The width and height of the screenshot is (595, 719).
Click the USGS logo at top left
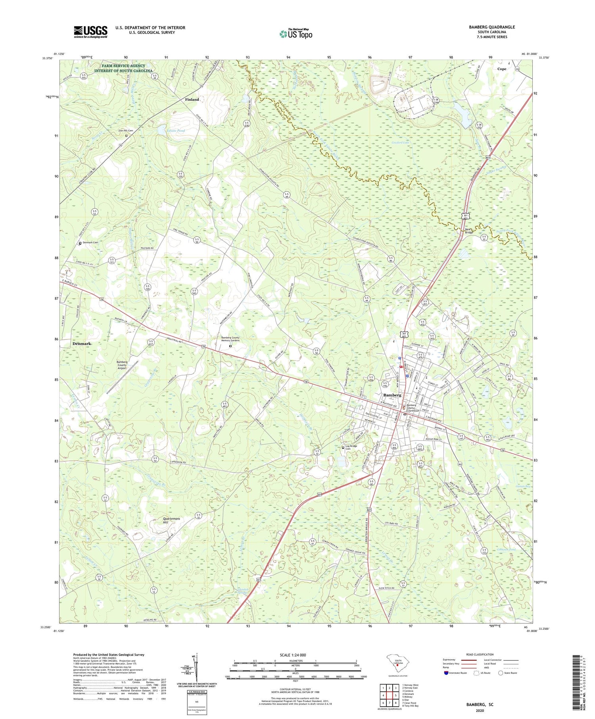90,32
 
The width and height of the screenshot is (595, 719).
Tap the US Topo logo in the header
296,34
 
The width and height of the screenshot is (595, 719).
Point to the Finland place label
192,100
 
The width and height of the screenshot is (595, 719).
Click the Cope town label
501,69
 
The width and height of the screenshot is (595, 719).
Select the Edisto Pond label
175,130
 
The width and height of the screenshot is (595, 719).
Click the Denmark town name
82,343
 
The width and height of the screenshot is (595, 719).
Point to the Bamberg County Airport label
122,365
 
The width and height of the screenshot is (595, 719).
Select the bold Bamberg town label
392,395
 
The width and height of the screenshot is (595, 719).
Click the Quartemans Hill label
172,520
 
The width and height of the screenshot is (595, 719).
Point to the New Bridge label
468,231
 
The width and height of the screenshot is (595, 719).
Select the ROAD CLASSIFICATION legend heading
480,654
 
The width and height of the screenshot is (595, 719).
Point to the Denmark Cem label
90,242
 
